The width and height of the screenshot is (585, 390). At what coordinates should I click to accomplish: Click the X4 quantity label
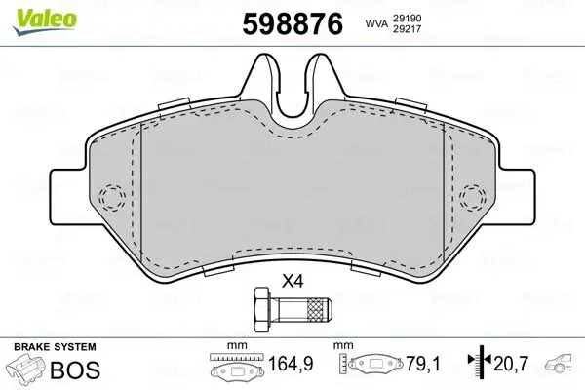click(292, 280)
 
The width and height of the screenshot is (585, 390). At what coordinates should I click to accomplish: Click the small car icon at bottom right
click(561, 368)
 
